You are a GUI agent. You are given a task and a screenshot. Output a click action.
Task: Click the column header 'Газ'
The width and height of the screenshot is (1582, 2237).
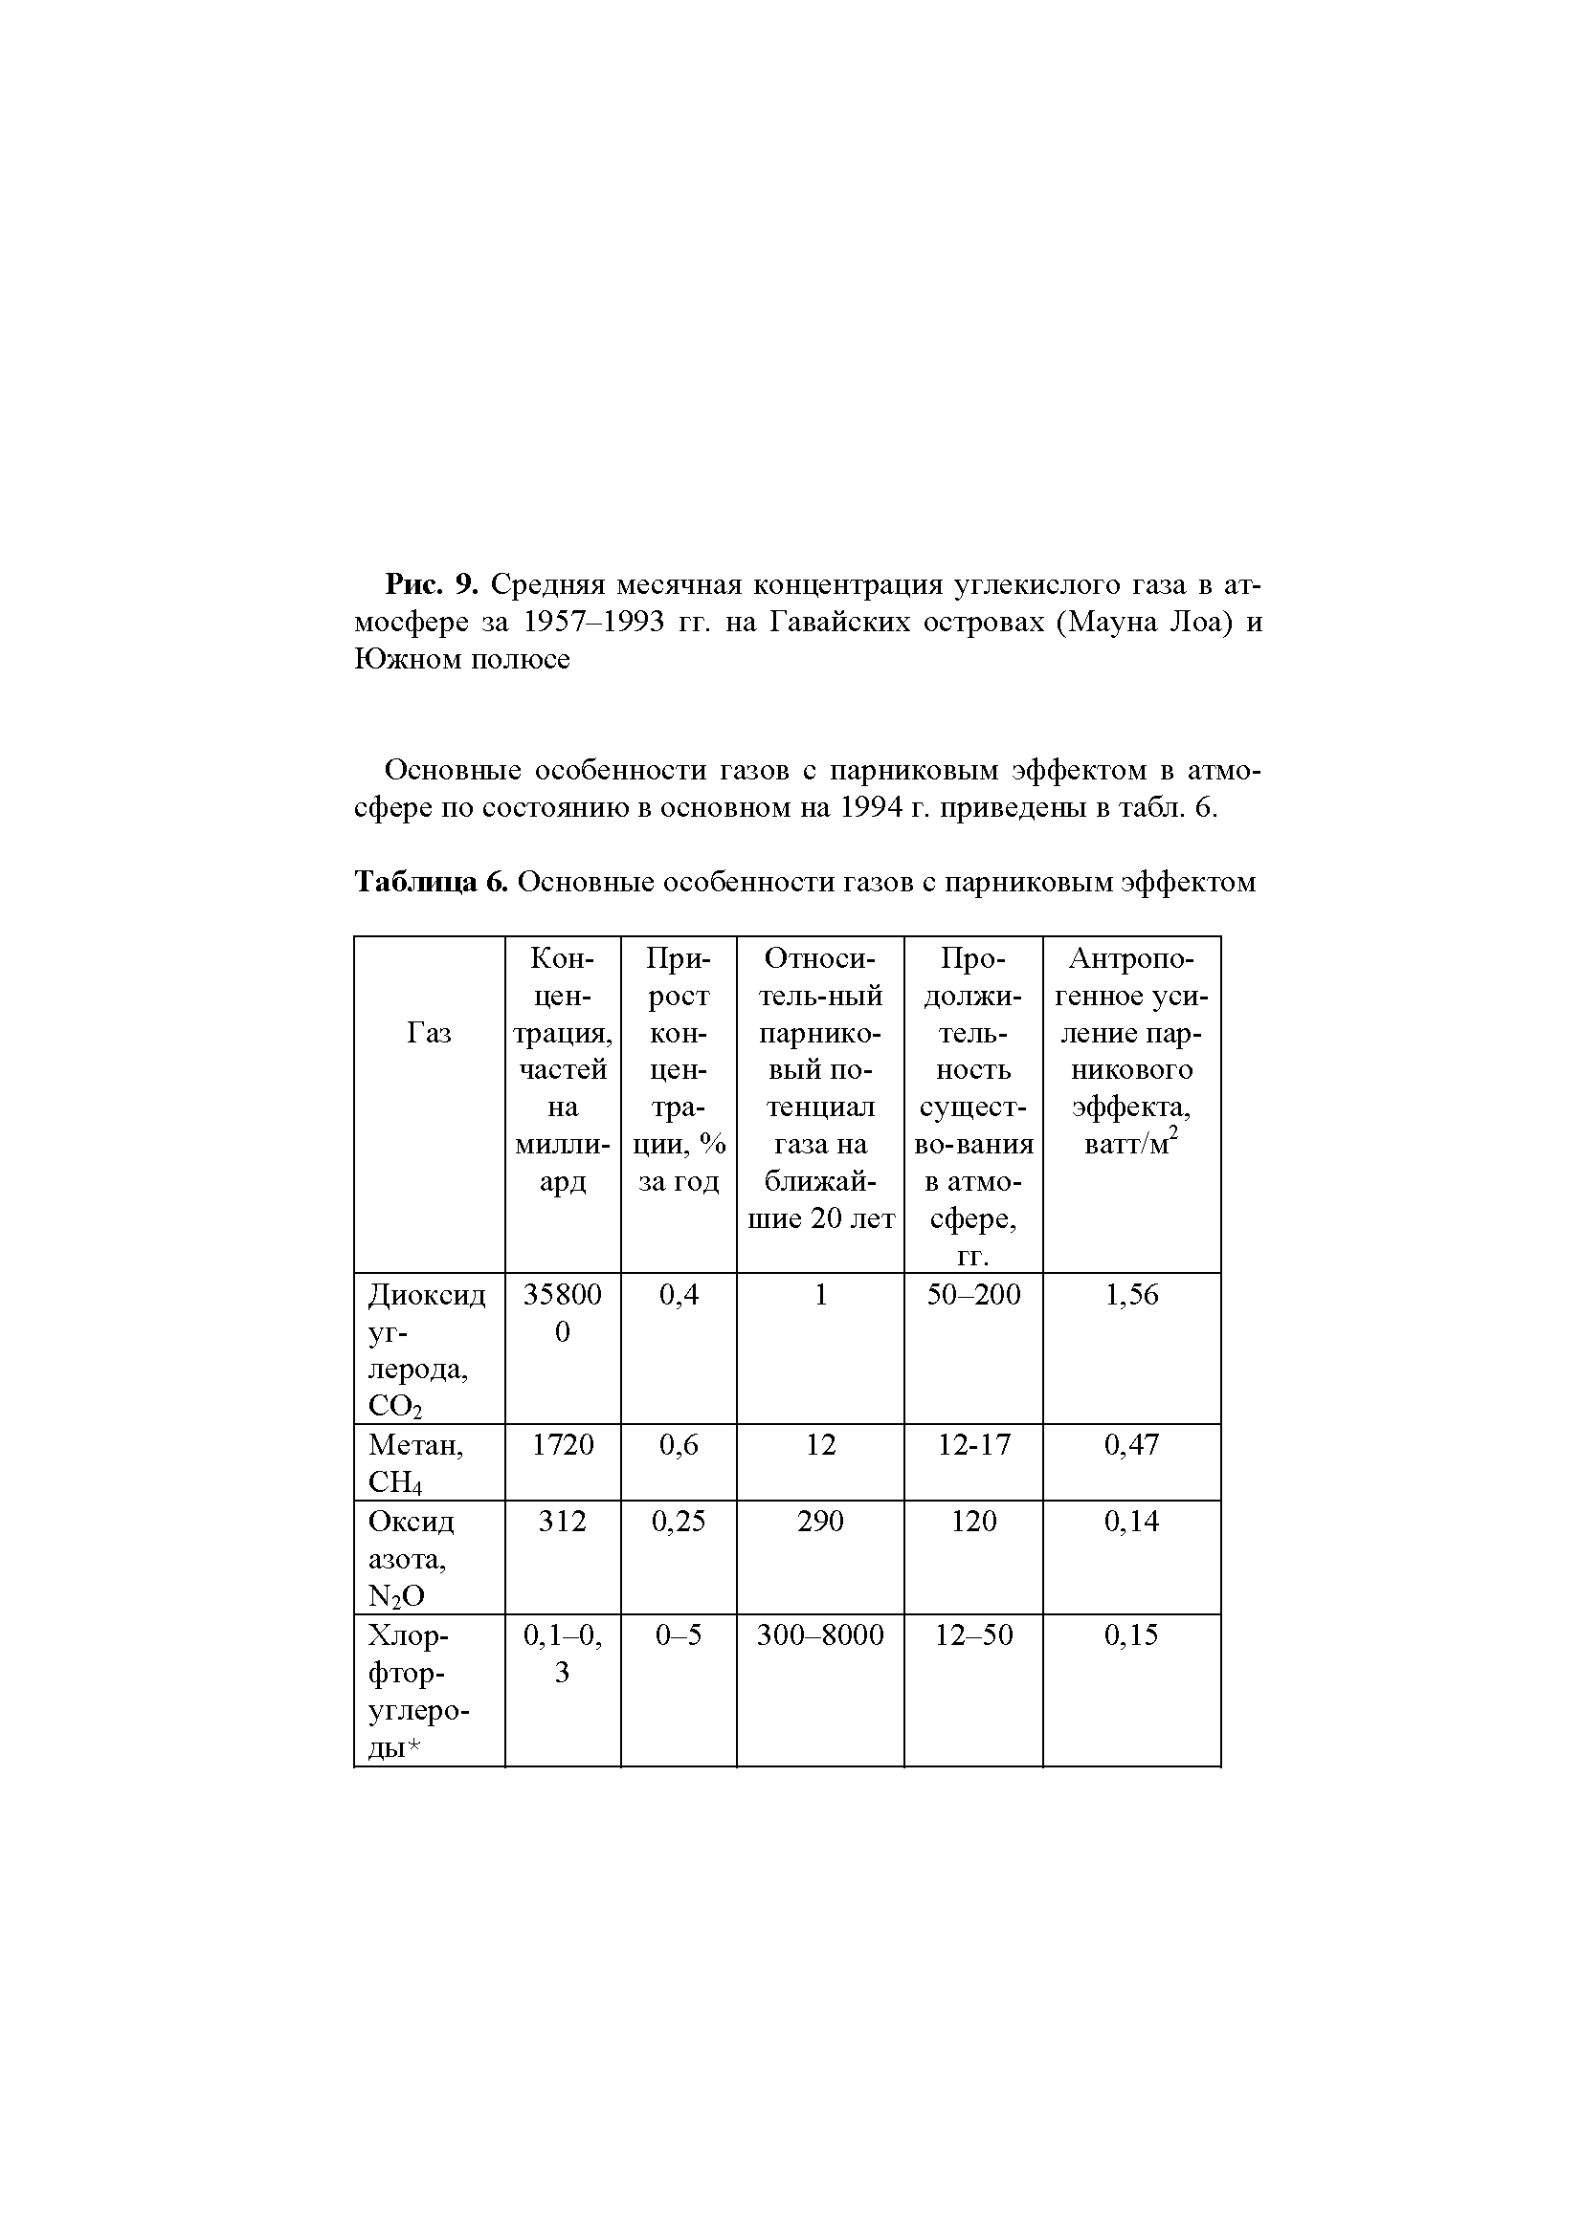[x=429, y=1032]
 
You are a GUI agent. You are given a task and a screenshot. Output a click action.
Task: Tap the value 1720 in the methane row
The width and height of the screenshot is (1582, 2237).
[x=563, y=1444]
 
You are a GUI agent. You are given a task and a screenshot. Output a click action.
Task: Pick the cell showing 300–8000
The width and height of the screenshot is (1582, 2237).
[x=820, y=1634]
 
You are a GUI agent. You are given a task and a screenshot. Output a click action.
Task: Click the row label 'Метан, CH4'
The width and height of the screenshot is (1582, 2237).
[x=416, y=1462]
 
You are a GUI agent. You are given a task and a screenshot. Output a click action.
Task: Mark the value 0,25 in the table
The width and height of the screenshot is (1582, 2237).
[x=679, y=1521]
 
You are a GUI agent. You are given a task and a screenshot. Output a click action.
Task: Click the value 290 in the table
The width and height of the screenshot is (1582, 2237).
[x=820, y=1521]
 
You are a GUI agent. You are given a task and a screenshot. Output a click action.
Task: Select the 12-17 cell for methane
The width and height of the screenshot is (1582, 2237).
[x=972, y=1444]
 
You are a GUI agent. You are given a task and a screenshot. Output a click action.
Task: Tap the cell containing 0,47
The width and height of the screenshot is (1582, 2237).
[x=1130, y=1444]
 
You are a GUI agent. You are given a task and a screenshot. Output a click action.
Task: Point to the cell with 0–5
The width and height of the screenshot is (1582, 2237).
[x=679, y=1634]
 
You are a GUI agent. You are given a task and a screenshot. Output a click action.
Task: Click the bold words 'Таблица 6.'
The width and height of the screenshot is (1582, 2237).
[x=431, y=882]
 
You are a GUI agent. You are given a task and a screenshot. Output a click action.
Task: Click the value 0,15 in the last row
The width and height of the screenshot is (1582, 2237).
[x=1130, y=1634]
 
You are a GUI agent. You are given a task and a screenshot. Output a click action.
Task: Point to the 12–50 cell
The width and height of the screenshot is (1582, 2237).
[x=972, y=1634]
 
